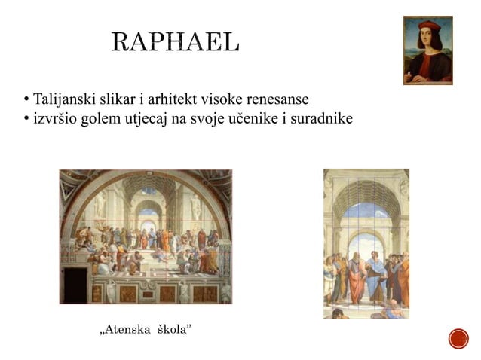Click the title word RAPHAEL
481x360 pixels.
click(175, 43)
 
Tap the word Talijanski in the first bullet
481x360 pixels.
click(60, 100)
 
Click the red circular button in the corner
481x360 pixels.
click(458, 339)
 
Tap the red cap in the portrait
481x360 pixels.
click(427, 26)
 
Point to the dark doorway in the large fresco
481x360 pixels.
click(75, 284)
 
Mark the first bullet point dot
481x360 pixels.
click(26, 101)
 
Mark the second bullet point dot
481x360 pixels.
click(26, 119)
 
